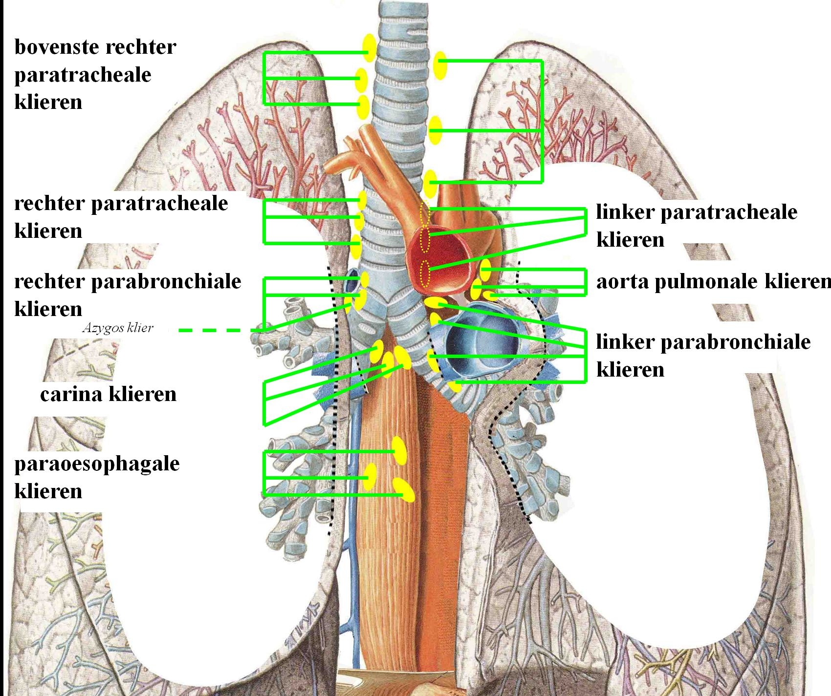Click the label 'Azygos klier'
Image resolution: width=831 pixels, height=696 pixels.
tap(118, 328)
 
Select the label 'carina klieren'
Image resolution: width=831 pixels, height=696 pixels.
tap(108, 394)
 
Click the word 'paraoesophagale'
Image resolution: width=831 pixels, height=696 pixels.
tap(97, 464)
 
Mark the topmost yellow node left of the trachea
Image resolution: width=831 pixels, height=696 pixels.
tap(369, 47)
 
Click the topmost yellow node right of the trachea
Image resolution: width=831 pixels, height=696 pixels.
tap(440, 66)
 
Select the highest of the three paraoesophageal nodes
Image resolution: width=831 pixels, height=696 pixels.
tap(399, 450)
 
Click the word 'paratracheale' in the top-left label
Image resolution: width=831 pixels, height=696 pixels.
tap(83, 75)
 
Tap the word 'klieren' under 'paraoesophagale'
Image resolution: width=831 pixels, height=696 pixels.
tap(48, 491)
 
